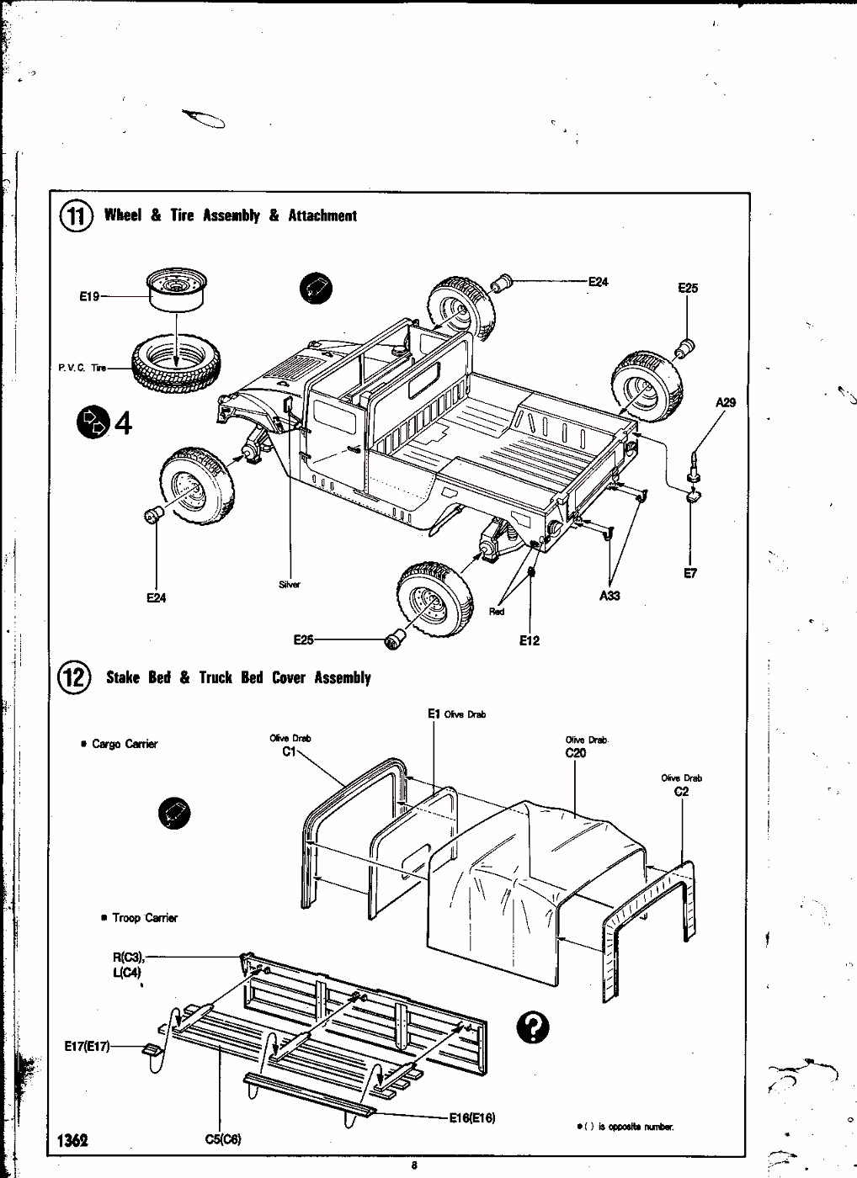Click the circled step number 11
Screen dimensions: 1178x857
tap(76, 216)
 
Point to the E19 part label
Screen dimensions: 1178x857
tap(89, 296)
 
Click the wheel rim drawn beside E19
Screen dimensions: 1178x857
tap(176, 289)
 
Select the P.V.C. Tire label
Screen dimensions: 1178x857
tap(83, 368)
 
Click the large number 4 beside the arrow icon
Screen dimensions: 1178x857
tap(123, 422)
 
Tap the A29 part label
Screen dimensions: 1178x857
tap(725, 402)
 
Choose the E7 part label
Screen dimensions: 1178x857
tap(690, 574)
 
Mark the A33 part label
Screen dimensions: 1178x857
tap(609, 596)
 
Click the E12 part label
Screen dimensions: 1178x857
tap(529, 641)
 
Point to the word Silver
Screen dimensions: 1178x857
tap(289, 585)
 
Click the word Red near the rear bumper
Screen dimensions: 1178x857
tap(497, 612)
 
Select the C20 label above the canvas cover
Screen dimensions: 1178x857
tap(576, 753)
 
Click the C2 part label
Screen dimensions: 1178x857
tap(681, 791)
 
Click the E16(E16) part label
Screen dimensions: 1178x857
tap(471, 1118)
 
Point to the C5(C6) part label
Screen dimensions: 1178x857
tap(223, 1139)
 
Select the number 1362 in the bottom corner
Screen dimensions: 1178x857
tap(72, 1141)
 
